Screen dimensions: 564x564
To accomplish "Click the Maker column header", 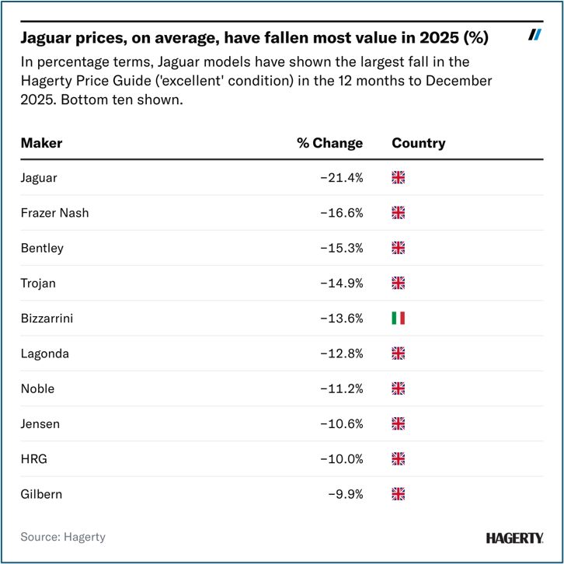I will click(x=41, y=143).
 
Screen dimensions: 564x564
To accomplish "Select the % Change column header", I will click(x=329, y=143).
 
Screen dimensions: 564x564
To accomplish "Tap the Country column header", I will click(x=418, y=143).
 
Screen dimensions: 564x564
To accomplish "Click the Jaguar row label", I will click(x=39, y=177).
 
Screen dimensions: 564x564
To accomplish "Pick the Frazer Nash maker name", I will click(x=54, y=212).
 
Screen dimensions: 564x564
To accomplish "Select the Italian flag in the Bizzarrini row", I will click(x=399, y=318).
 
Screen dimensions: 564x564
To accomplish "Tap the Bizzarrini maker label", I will click(x=48, y=318).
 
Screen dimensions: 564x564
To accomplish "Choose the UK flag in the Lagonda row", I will click(x=399, y=353).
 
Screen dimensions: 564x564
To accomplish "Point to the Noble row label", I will click(x=37, y=388).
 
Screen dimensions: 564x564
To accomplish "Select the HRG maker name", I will click(x=34, y=458).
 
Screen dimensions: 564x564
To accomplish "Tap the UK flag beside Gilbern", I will click(x=399, y=493).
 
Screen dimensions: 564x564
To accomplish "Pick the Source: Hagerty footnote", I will click(x=63, y=537).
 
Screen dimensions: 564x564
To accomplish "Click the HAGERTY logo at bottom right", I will click(x=514, y=538).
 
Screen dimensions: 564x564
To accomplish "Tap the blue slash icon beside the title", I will click(x=534, y=34).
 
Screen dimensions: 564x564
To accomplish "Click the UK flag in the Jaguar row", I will click(x=399, y=177).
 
